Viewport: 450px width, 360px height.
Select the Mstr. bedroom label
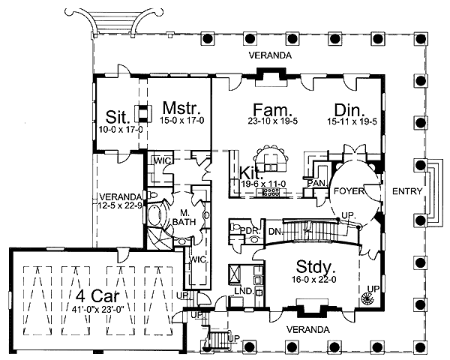pos(181,108)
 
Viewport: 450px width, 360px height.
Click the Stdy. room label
pos(315,266)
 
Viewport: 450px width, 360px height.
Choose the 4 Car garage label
pos(97,295)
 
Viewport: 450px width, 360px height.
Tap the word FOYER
pos(349,191)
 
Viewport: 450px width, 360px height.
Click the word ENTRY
pos(407,191)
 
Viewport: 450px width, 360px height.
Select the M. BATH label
pos(184,217)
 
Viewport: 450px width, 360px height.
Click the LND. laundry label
pos(244,290)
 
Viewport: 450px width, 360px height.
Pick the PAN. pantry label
pos(316,183)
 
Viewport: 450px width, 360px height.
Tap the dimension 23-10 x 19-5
pos(273,121)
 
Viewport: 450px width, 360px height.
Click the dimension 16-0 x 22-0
pos(314,279)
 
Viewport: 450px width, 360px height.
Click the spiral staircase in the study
pos(367,299)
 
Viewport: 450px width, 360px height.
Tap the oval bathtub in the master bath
pos(156,214)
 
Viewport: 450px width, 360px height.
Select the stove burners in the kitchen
pos(271,192)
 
